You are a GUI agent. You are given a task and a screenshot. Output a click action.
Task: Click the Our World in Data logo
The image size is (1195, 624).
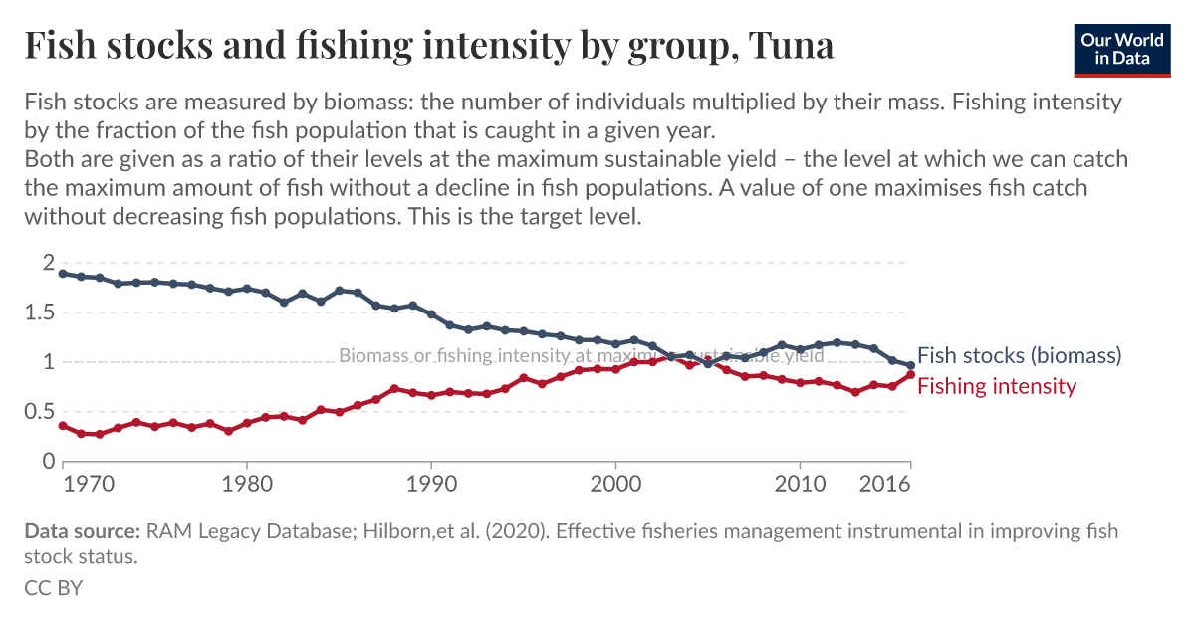click(x=1121, y=47)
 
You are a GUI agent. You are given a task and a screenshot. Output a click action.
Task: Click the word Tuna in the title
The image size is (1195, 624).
click(x=790, y=45)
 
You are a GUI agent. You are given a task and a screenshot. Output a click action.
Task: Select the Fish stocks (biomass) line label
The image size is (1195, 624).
click(x=1019, y=355)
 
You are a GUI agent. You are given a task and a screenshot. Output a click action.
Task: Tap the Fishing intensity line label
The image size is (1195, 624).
click(x=996, y=386)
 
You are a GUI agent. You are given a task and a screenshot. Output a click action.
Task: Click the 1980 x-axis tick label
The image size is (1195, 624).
click(x=246, y=484)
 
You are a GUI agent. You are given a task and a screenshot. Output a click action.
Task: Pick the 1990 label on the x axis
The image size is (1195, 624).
click(x=430, y=484)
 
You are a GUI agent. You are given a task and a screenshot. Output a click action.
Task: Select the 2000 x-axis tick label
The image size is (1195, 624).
click(x=615, y=484)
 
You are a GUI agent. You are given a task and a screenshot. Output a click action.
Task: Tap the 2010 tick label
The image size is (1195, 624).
click(x=800, y=484)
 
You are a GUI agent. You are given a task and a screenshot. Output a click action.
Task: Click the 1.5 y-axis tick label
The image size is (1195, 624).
click(x=41, y=312)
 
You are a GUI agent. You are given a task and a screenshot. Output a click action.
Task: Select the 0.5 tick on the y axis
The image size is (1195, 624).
click(x=41, y=412)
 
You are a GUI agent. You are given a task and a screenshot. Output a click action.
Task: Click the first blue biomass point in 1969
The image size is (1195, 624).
click(x=63, y=274)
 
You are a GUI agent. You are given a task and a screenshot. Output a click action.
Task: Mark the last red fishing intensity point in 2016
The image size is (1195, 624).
click(x=910, y=374)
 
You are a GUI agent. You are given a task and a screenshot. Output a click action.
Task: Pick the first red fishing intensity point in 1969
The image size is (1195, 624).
click(x=63, y=426)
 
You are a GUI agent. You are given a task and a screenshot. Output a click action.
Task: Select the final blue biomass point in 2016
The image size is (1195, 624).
click(x=910, y=365)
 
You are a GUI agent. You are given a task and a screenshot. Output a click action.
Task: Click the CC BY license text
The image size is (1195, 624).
click(x=53, y=588)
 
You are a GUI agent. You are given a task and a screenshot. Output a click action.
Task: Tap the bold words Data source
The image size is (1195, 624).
click(x=82, y=531)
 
